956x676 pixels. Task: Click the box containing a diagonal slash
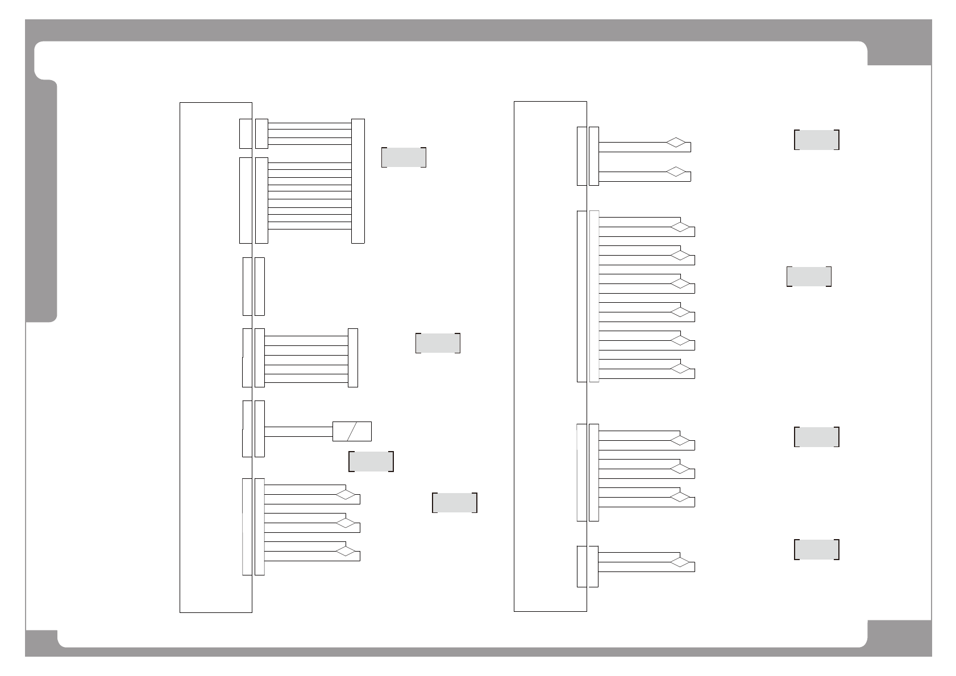(x=352, y=431)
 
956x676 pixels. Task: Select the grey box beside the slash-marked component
(x=371, y=461)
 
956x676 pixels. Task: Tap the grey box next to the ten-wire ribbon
(x=404, y=157)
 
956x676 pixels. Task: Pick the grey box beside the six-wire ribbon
(x=438, y=343)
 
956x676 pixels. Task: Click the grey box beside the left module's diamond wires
(x=454, y=503)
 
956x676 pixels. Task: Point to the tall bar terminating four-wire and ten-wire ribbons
(x=358, y=181)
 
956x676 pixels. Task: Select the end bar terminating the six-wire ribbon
(x=353, y=357)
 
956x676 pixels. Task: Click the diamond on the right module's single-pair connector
(x=680, y=562)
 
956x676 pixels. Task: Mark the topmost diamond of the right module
(x=676, y=142)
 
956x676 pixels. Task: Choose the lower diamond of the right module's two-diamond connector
(x=676, y=172)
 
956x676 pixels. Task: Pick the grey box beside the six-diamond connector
(x=809, y=276)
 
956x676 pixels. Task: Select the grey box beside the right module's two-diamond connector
(x=816, y=139)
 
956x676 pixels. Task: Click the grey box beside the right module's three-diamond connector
(x=816, y=436)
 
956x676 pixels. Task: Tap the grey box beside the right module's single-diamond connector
(x=816, y=549)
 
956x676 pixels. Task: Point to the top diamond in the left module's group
(x=346, y=494)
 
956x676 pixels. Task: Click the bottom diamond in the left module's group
(x=346, y=551)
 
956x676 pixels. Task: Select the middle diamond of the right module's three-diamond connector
(x=680, y=469)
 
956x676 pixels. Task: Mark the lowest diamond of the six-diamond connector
(x=680, y=369)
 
